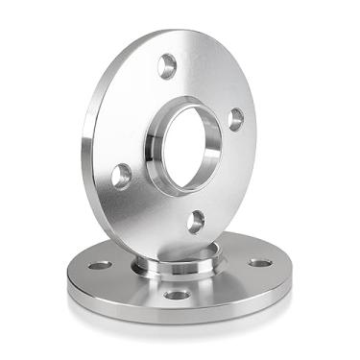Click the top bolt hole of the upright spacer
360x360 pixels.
(x=167, y=65)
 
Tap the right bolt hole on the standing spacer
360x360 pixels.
(x=235, y=119)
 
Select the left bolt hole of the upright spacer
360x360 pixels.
(x=121, y=176)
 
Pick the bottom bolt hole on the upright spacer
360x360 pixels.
(x=195, y=222)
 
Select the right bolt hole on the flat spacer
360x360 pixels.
(x=259, y=262)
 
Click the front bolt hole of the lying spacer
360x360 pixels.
(x=177, y=294)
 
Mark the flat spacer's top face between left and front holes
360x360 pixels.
(x=130, y=283)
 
